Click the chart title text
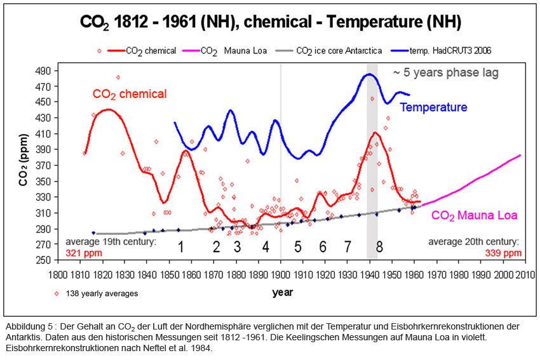(270, 23)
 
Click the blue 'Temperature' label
(433, 107)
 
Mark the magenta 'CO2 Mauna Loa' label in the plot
(474, 215)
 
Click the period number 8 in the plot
(379, 246)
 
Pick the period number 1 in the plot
(180, 246)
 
